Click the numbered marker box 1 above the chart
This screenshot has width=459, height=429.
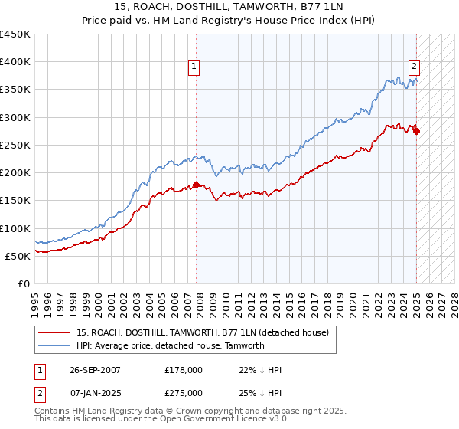click(195, 67)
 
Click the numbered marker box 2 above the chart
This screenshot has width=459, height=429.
click(414, 67)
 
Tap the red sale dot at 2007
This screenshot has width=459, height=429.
click(196, 185)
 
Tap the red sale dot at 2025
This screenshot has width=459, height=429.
click(416, 132)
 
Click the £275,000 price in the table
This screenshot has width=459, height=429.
click(184, 393)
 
